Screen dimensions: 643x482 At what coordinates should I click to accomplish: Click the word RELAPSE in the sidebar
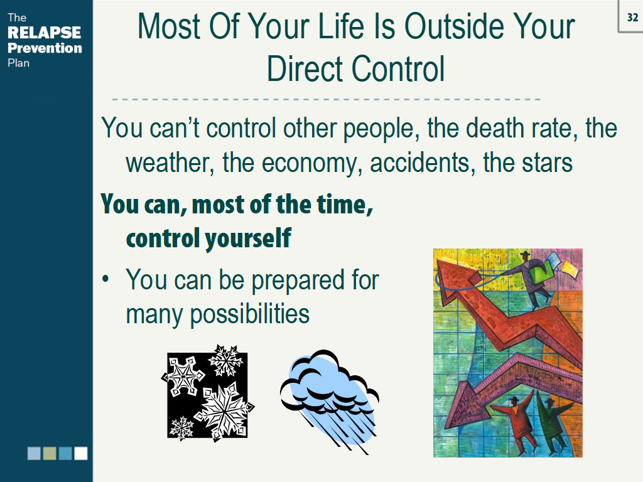[45, 33]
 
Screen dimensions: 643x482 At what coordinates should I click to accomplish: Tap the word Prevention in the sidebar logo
[45, 48]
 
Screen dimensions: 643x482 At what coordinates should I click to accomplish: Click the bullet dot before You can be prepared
[105, 279]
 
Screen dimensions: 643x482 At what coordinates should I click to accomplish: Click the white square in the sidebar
[81, 453]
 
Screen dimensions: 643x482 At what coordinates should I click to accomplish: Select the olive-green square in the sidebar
[49, 453]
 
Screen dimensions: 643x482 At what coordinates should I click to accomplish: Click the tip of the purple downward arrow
[448, 426]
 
